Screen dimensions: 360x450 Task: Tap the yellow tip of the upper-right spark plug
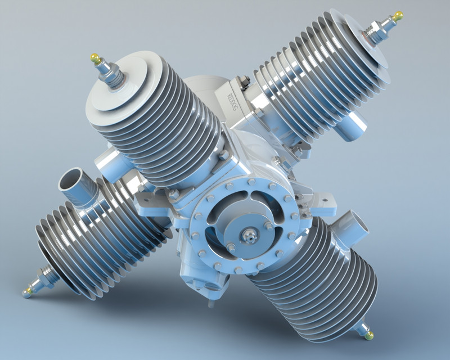[398, 16]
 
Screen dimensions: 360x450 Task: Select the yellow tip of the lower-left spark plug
[26, 291]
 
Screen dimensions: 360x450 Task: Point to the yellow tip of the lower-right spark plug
[369, 335]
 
